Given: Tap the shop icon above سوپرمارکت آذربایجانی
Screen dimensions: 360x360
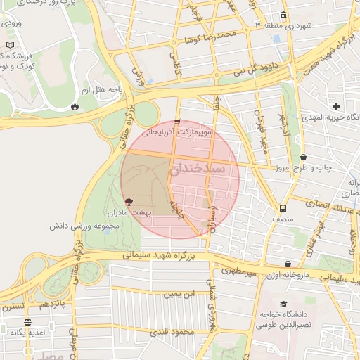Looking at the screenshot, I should (x=177, y=122).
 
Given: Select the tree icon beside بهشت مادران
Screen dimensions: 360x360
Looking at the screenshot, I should (x=126, y=202).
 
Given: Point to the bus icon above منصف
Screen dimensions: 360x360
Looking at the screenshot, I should (x=283, y=208).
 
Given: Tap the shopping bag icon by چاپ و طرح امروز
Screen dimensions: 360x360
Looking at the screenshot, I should (x=303, y=157).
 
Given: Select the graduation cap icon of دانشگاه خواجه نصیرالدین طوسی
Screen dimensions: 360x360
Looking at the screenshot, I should (x=283, y=304).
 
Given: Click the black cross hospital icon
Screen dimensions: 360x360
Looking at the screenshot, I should (x=336, y=107).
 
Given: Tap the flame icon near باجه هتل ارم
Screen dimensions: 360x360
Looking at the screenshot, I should (x=75, y=107).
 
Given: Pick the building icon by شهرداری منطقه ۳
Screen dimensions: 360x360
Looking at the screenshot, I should (x=283, y=15).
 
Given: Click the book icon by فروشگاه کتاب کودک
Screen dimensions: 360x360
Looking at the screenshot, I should (x=9, y=45).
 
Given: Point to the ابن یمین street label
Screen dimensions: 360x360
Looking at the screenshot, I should (x=179, y=294).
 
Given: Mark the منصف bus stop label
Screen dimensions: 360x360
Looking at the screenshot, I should (x=283, y=219).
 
